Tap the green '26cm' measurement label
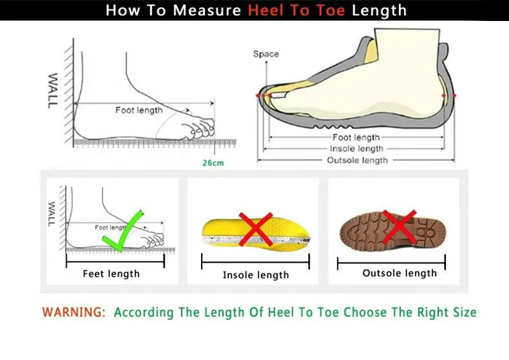pos(213,163)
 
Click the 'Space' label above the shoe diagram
pos(265,54)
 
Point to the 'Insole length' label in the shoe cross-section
pos(356,149)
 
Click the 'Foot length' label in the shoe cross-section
pos(356,137)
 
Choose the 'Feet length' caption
pos(111,274)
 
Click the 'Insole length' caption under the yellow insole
pos(255,275)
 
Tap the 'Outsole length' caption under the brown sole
pos(400,273)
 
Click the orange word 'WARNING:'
pos(73,312)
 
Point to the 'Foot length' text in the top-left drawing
pos(139,110)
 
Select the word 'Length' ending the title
pos(379,11)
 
